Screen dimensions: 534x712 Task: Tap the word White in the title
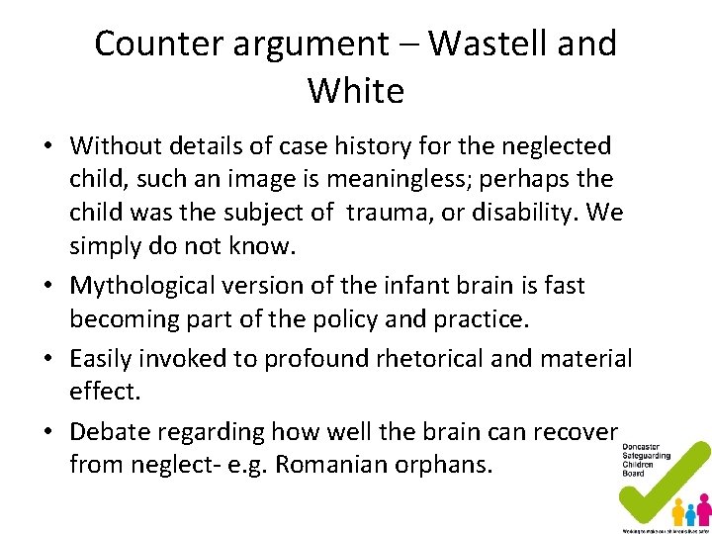[x=356, y=91]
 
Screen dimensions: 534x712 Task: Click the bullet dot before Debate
[x=48, y=433]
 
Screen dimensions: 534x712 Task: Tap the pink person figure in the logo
[x=704, y=508]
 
